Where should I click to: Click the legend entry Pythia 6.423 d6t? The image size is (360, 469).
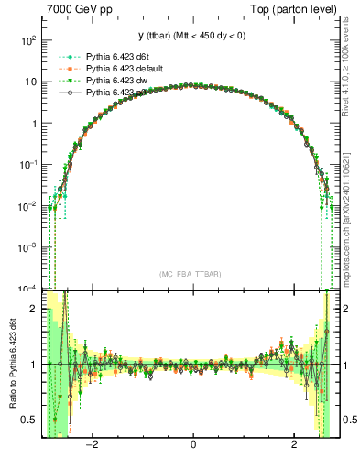pos(115,57)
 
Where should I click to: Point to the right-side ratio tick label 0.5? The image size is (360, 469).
pos(349,420)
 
